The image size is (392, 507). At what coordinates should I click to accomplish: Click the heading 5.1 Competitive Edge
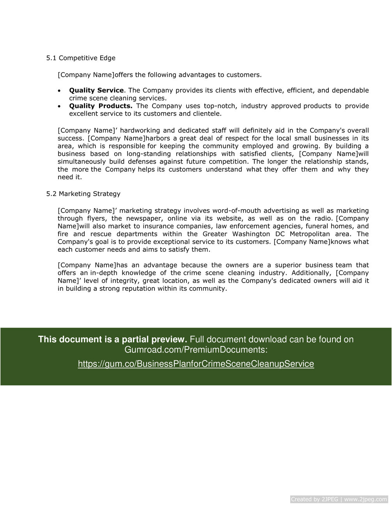[81, 58]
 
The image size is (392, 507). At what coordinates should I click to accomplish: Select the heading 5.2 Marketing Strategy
[83, 194]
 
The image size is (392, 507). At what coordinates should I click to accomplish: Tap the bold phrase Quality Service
[96, 90]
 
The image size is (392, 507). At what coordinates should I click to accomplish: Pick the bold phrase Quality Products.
[101, 106]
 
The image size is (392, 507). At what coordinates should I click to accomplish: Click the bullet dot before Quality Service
[59, 91]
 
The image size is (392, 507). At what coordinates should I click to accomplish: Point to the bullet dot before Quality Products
[59, 106]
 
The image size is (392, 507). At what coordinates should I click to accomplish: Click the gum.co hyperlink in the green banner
[196, 364]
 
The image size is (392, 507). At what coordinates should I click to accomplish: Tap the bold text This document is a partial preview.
[112, 339]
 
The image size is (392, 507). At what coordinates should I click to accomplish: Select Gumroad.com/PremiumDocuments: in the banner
[196, 350]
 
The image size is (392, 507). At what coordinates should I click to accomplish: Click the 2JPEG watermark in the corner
[339, 499]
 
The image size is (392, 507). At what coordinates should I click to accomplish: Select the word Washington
[251, 234]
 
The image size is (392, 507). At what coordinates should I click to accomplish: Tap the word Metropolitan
[310, 234]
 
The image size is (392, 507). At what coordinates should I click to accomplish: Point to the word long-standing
[149, 154]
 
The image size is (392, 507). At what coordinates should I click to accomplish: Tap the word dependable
[350, 90]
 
